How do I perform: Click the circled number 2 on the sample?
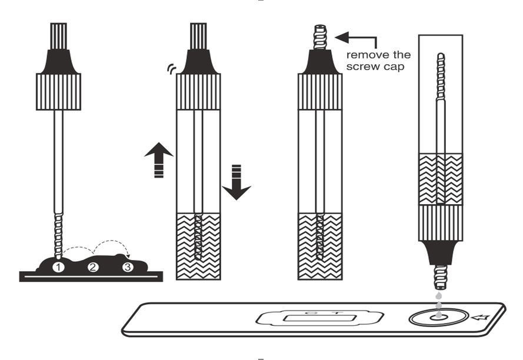[x=92, y=268]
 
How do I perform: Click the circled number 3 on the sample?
[x=127, y=268]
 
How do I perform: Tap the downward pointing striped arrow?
[x=236, y=182]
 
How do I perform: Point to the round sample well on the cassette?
[x=438, y=316]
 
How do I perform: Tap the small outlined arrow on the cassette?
[x=479, y=318]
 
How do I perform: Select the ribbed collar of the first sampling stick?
[x=58, y=92]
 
